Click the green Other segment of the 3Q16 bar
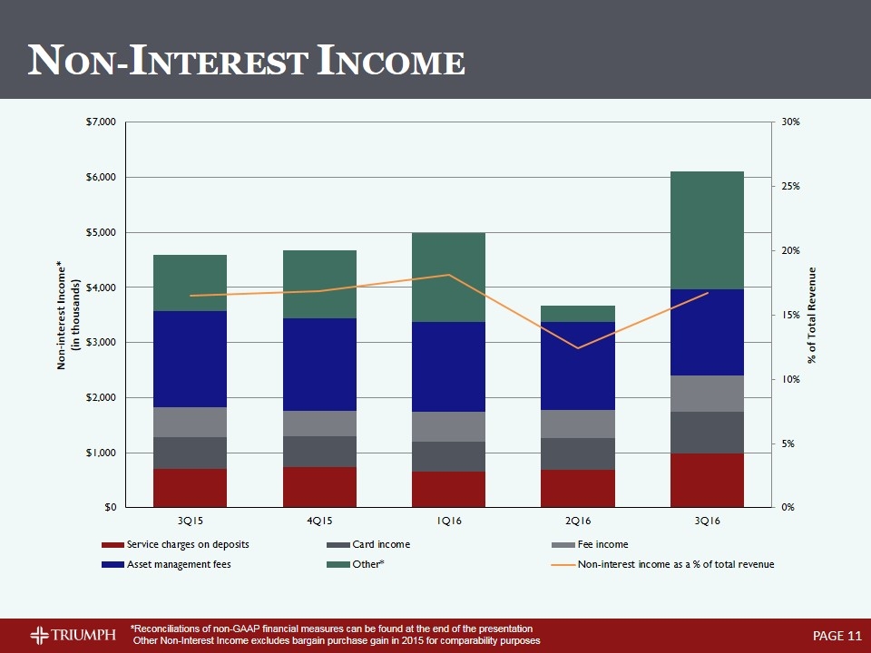(x=707, y=229)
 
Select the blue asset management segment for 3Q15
(x=190, y=359)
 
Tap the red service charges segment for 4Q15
(x=319, y=487)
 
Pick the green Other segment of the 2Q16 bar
(x=578, y=314)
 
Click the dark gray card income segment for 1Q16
(x=448, y=456)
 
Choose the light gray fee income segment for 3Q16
(x=707, y=394)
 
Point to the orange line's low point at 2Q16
(x=578, y=348)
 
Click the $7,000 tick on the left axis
(x=102, y=122)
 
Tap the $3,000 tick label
(x=102, y=343)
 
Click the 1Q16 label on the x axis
(x=448, y=521)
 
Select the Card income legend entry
(x=379, y=544)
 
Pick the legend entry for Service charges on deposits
(x=187, y=544)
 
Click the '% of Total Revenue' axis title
(x=813, y=315)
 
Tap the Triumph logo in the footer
(x=73, y=633)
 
